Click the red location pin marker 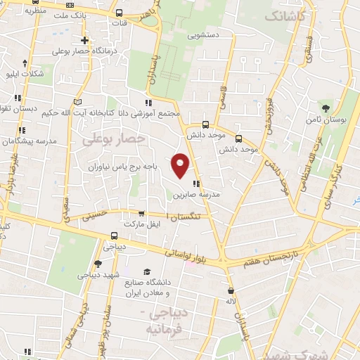pyautogui.click(x=181, y=165)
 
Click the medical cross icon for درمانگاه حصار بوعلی pyautogui.click(x=84, y=40)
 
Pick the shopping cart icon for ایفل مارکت pyautogui.click(x=141, y=214)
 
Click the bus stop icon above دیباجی pyautogui.click(x=114, y=236)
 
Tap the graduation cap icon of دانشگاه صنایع pyautogui.click(x=147, y=271)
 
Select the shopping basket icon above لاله pyautogui.click(x=230, y=290)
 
